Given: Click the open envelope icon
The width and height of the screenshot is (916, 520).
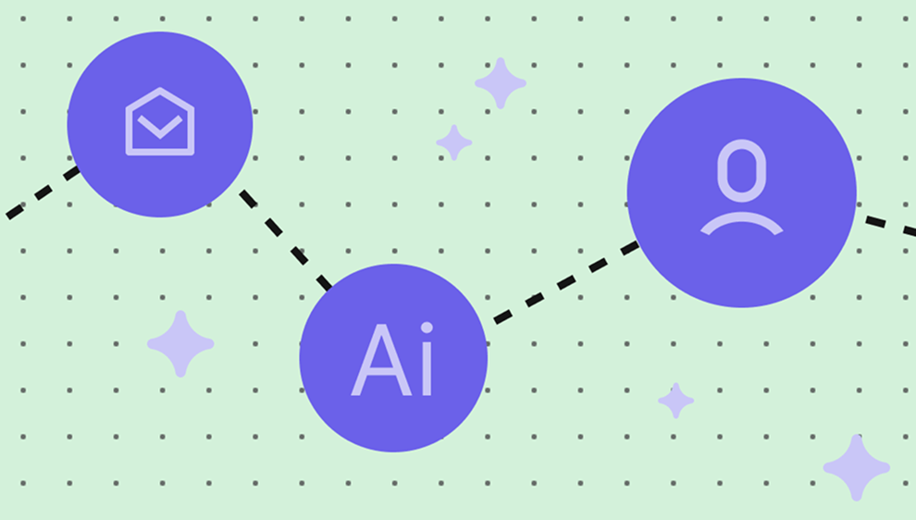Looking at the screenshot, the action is click(x=160, y=121).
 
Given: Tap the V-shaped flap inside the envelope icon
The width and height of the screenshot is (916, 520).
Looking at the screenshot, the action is click(x=160, y=127).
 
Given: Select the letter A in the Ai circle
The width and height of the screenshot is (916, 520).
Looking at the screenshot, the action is click(x=381, y=360).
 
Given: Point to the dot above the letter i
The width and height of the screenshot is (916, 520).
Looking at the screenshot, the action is click(x=427, y=328).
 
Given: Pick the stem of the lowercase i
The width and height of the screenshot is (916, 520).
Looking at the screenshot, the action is click(x=427, y=369).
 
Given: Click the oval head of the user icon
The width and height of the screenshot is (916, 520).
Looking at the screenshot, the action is click(x=742, y=170).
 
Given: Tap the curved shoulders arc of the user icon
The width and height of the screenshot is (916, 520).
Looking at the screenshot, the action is click(x=742, y=224).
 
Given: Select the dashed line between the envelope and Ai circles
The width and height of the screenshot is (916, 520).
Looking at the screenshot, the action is click(x=286, y=240).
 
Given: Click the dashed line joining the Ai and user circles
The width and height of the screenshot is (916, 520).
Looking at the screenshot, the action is click(x=566, y=282).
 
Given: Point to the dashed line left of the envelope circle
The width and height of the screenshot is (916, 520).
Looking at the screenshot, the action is click(x=43, y=192).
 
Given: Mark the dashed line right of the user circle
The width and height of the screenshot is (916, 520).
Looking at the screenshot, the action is click(x=891, y=226).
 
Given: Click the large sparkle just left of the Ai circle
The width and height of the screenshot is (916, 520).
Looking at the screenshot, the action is click(x=180, y=343).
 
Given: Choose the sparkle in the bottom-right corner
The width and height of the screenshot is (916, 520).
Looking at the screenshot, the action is click(x=857, y=467).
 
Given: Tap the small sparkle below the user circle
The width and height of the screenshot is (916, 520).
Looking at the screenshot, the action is click(x=676, y=401).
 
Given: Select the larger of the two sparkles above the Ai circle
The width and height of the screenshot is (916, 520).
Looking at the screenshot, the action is click(x=501, y=83).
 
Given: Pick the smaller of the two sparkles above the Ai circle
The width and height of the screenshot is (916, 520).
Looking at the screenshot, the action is click(x=454, y=142).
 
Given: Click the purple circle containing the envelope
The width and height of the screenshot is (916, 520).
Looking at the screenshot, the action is click(x=160, y=125).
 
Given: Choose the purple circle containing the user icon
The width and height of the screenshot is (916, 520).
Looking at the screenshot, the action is click(x=742, y=192).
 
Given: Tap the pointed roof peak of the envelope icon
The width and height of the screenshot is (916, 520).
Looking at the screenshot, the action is click(x=160, y=89).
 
